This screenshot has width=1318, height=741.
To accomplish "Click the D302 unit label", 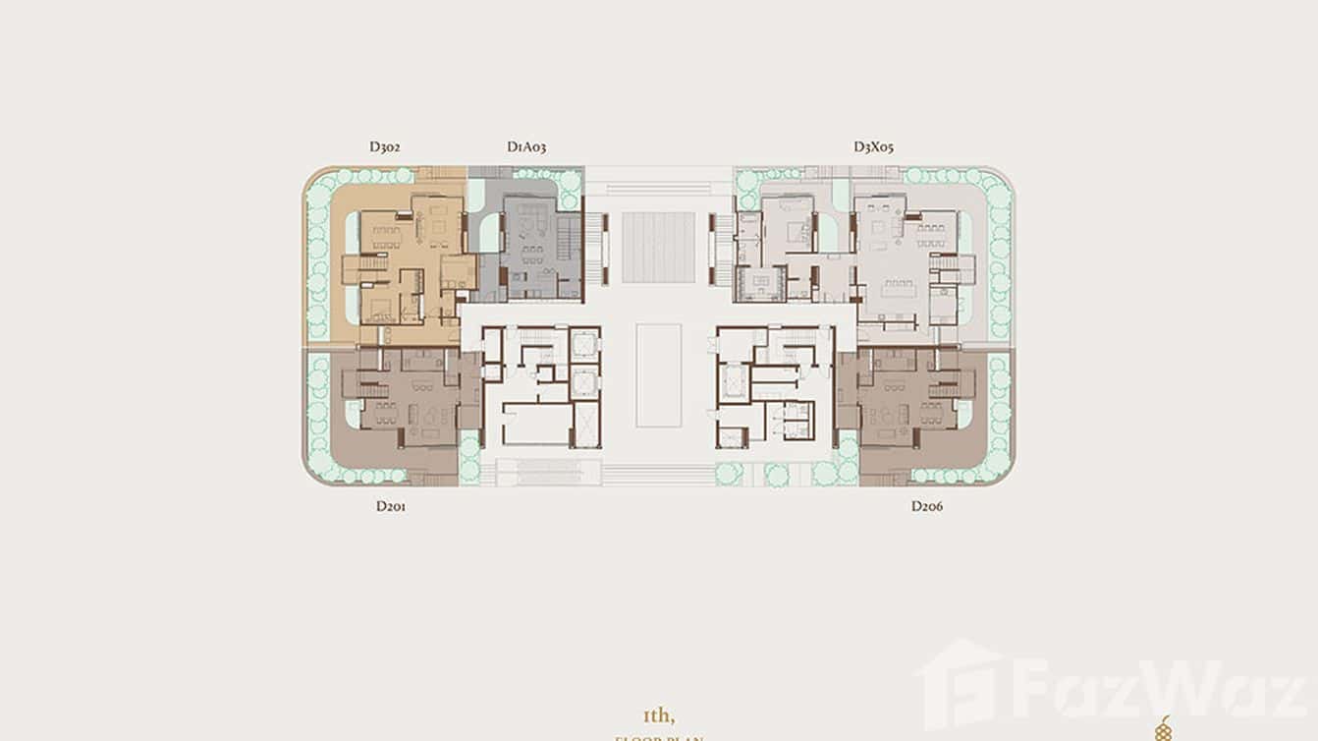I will point(384,147).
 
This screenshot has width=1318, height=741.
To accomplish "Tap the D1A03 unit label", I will point(526,147).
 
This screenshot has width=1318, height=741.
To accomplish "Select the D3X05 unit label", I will point(873,147).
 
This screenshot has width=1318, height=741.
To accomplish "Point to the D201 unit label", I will point(391,507).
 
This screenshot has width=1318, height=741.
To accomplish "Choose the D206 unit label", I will point(926,507).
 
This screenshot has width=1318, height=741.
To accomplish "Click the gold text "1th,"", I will point(659,715).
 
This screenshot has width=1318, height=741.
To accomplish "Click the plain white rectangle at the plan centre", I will point(658,375).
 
